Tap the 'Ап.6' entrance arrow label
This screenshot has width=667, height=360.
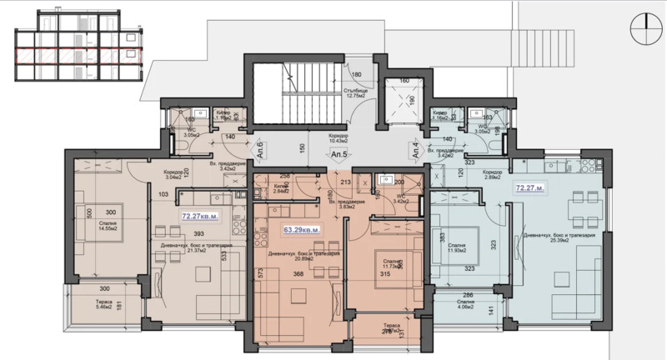[x=259, y=149]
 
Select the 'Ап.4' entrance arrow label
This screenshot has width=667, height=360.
[x=414, y=149]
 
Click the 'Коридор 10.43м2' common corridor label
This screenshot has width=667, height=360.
[x=337, y=137]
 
